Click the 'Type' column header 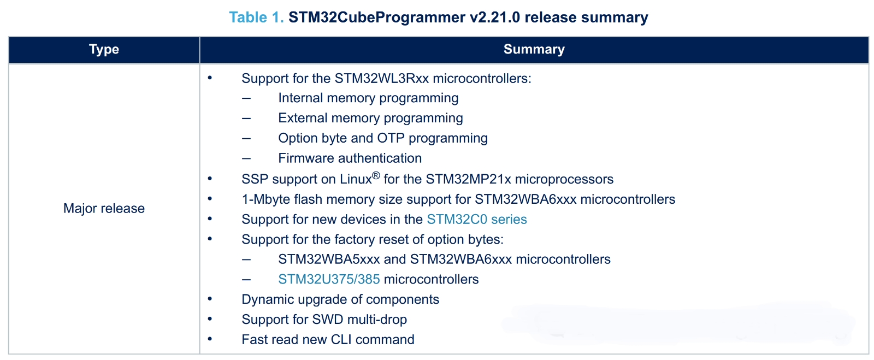coord(104,50)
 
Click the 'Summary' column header coord(534,50)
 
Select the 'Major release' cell coord(104,209)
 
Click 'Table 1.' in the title coord(256,17)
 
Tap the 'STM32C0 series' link coord(476,220)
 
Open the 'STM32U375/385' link coord(329,280)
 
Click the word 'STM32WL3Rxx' coord(381,79)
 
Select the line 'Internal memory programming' coord(368,98)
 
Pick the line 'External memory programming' coord(370,119)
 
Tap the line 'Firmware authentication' coord(350,158)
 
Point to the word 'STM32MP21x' coord(468,180)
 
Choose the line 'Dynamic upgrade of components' coord(340,300)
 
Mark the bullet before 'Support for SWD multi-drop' coord(210,319)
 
